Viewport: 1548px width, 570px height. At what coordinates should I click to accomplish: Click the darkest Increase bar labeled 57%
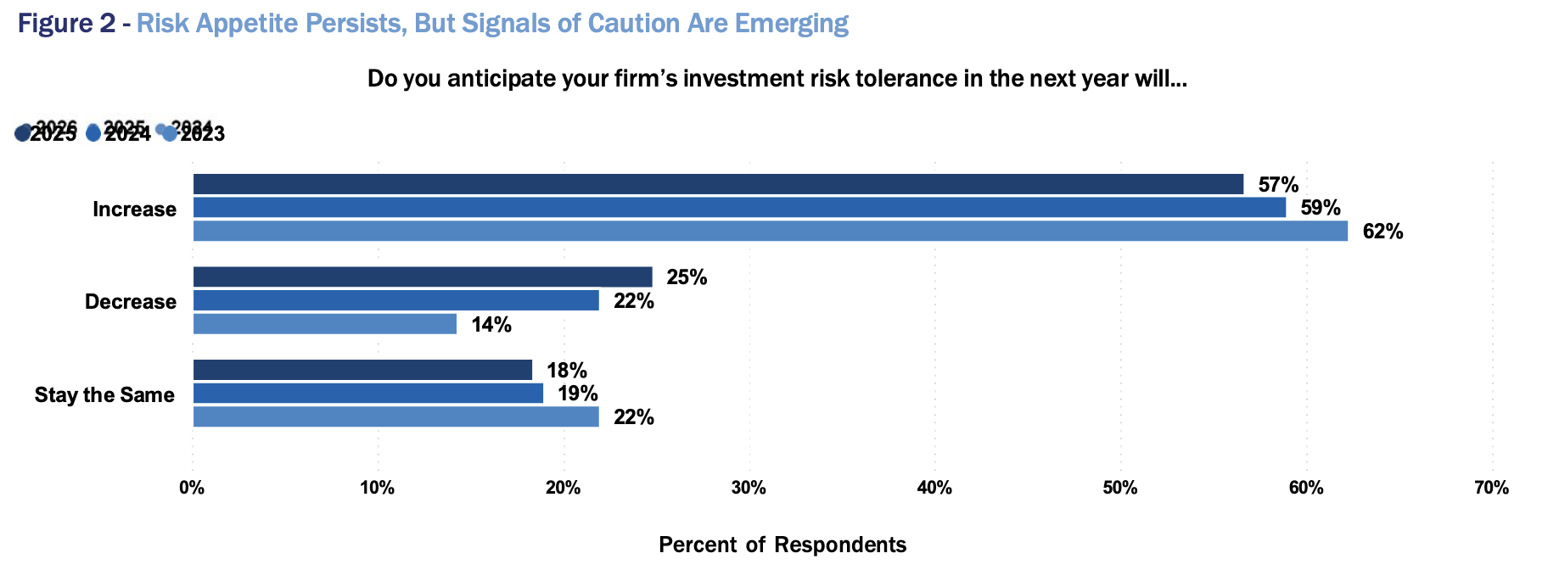[718, 184]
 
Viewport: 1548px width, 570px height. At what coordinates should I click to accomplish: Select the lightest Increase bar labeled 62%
[770, 231]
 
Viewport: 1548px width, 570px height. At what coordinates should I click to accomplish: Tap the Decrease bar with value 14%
[324, 324]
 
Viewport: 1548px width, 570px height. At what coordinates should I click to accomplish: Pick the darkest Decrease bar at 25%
[423, 277]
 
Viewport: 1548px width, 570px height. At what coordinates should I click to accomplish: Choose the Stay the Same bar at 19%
[367, 394]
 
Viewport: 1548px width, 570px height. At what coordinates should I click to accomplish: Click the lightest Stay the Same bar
[395, 416]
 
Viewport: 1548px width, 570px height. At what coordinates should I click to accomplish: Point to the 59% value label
[1321, 208]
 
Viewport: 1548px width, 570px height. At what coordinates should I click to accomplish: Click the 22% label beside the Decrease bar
[634, 301]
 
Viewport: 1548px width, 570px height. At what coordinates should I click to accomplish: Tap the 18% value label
[567, 371]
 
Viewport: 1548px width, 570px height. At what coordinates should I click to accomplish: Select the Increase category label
[134, 210]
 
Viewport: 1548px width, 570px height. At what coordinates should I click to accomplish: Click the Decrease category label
[131, 302]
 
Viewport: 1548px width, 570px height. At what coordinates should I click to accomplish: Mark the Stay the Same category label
[104, 395]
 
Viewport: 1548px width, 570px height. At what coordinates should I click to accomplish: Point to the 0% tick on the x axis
[192, 488]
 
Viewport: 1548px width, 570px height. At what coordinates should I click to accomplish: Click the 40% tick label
[934, 488]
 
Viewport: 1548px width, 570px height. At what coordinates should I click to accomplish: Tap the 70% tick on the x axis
[1491, 488]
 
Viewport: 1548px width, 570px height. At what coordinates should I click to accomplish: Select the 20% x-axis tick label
[563, 488]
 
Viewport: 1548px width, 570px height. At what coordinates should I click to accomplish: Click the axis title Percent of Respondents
[782, 545]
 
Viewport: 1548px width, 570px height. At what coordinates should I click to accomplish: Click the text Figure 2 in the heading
[66, 24]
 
